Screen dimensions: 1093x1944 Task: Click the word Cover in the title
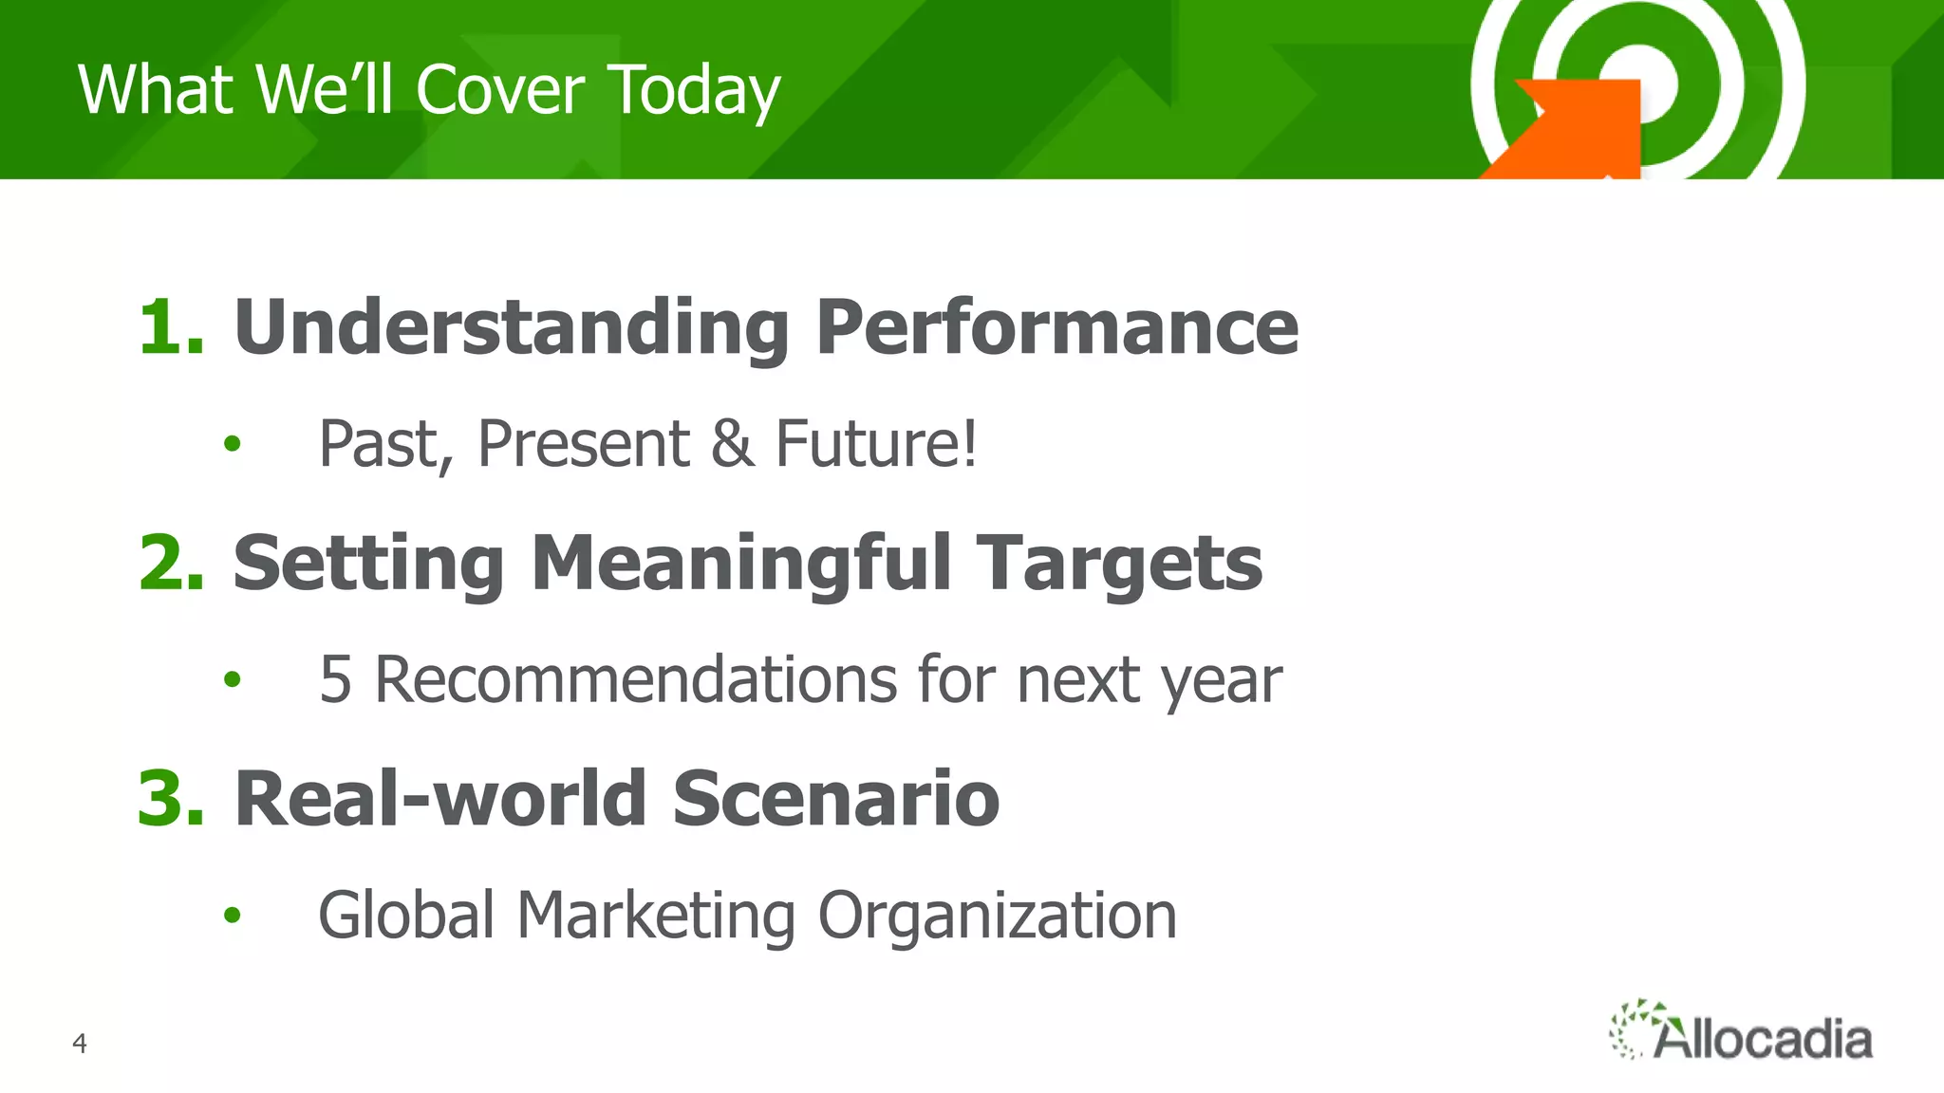pos(499,90)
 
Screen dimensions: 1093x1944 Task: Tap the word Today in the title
pos(694,92)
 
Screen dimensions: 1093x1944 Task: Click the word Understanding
pos(511,327)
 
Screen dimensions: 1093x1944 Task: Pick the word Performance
pos(1056,327)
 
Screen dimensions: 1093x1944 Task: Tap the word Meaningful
pos(740,563)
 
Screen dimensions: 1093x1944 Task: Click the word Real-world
pos(440,799)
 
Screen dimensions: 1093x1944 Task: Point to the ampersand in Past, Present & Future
pos(732,443)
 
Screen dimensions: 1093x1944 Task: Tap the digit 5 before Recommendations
pos(335,679)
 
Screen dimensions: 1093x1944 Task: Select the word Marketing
pos(655,917)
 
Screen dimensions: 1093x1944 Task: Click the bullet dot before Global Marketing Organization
pos(233,916)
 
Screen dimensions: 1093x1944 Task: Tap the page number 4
pos(80,1044)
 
